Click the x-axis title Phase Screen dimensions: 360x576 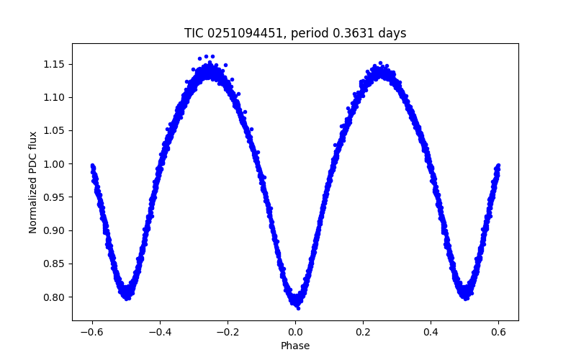click(295, 346)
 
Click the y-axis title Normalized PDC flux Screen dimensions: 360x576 click(33, 181)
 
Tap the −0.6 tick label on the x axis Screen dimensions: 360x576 click(92, 332)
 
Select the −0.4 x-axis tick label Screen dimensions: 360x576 click(160, 332)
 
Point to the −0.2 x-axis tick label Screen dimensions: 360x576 click(228, 332)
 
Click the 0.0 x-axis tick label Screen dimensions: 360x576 click(295, 332)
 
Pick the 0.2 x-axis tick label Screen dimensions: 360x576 click(363, 332)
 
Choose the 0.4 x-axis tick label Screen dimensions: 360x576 click(431, 332)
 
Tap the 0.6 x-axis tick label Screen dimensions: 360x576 click(498, 332)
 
